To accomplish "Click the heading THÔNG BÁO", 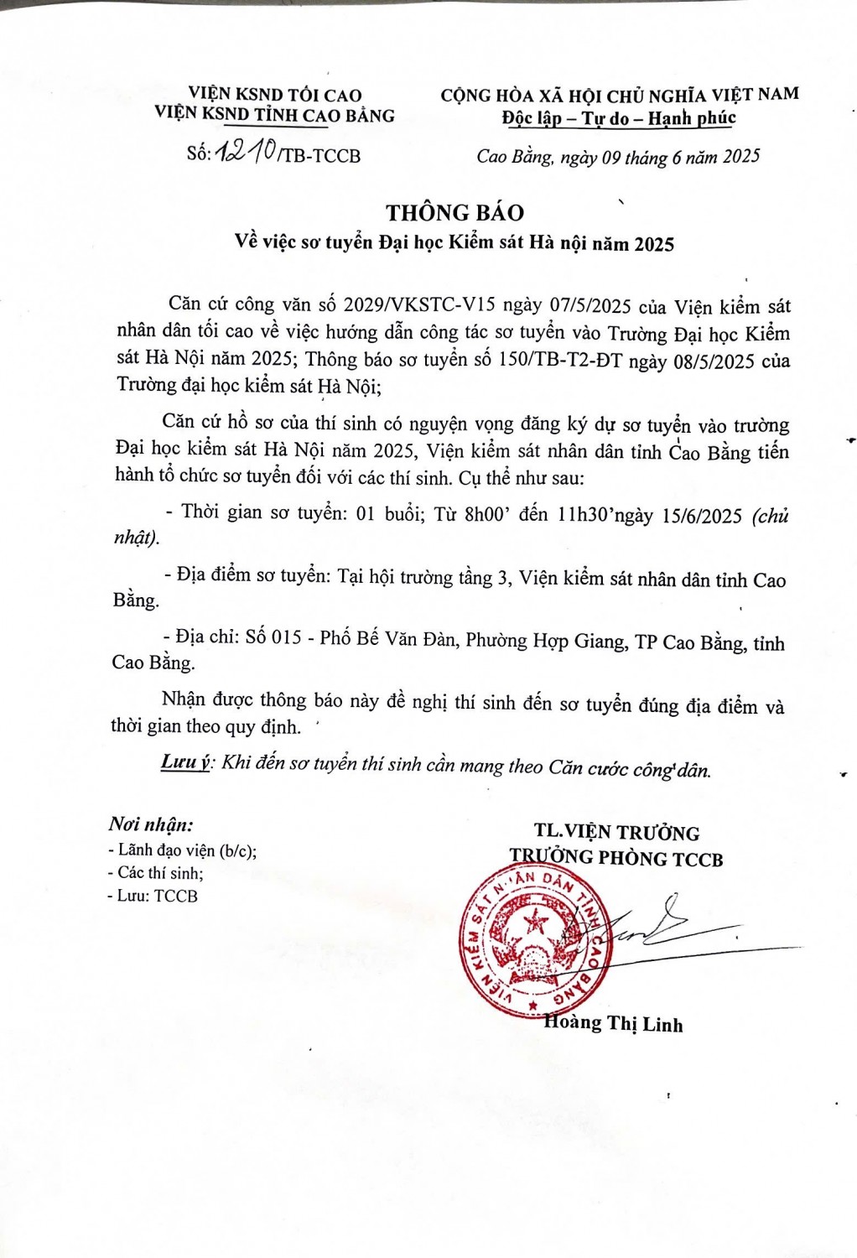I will coord(454,213).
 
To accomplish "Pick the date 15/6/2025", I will coord(701,516).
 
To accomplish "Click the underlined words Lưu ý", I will coord(184,762).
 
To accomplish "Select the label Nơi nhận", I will coord(151,824).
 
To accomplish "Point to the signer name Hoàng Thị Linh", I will coord(614,1023).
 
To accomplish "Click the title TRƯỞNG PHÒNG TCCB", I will coord(616,858).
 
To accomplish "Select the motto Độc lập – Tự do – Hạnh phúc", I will coord(619,118).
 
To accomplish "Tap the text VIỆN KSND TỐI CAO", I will coord(275,95).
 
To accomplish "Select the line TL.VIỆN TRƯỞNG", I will coord(616,832).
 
